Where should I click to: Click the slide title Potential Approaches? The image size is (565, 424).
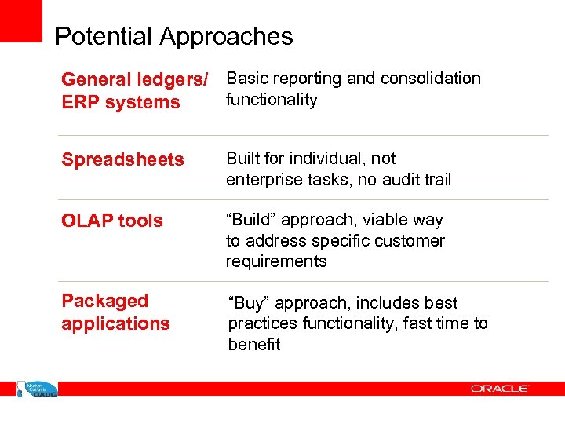173,36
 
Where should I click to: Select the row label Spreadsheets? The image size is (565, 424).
122,159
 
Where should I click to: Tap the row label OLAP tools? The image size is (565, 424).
112,221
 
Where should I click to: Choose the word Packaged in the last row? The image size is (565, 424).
104,301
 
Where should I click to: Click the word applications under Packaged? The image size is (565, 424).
115,323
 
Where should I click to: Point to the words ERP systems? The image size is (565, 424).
120,102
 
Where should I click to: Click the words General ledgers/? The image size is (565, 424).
135,79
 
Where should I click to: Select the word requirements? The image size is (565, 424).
276,261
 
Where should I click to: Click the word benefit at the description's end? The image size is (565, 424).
253,345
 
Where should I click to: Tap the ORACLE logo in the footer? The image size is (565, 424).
500,388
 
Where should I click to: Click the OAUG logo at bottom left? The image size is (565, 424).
37,388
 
